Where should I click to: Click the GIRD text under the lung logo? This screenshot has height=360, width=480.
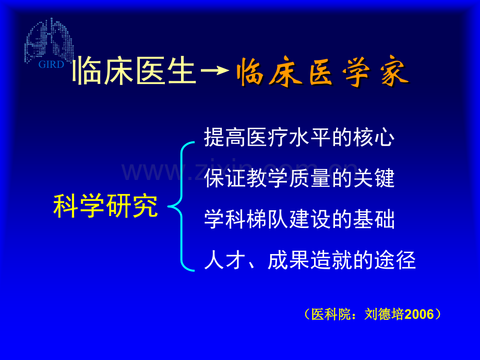[x=51, y=65]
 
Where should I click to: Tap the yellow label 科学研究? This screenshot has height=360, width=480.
[x=105, y=207]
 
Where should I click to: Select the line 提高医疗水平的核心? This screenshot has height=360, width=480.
[x=299, y=138]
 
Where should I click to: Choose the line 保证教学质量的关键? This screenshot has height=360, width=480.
[x=299, y=178]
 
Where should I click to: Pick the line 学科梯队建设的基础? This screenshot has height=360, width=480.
[x=299, y=220]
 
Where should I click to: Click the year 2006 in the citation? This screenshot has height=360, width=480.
[x=419, y=315]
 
